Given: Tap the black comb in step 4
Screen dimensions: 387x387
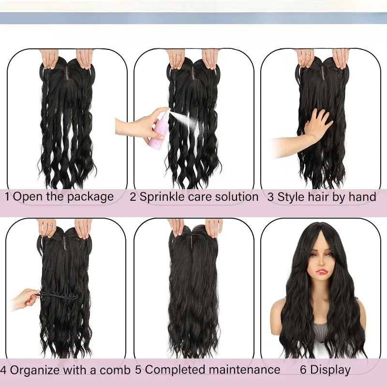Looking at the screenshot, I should click(x=58, y=295).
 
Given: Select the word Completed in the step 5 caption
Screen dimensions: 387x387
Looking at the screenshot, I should click(x=173, y=371).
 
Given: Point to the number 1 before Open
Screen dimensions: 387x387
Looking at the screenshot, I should click(x=8, y=197).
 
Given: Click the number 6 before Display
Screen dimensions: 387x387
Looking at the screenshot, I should click(x=303, y=371).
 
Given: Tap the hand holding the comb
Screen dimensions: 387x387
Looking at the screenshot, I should click(x=24, y=299).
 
